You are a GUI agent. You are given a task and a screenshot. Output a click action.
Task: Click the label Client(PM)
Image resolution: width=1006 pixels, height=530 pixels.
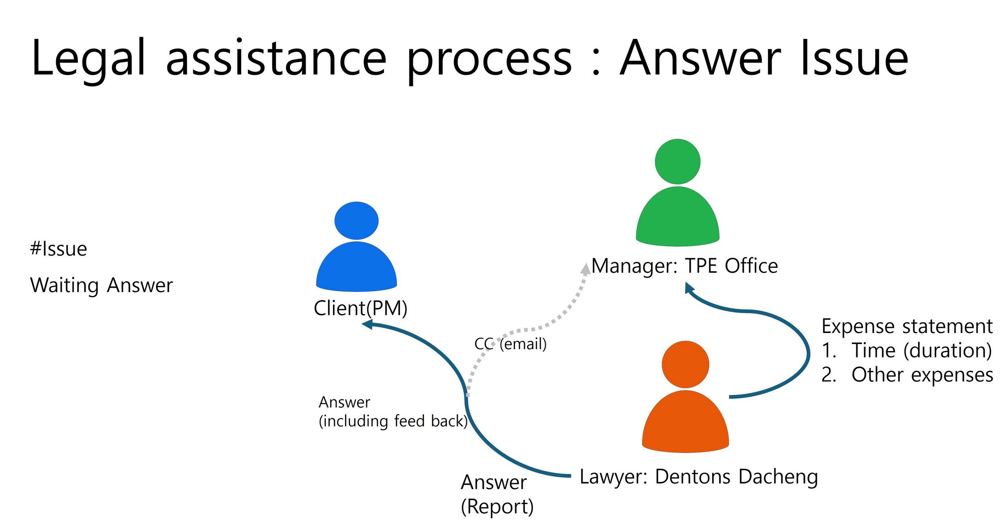[x=360, y=308]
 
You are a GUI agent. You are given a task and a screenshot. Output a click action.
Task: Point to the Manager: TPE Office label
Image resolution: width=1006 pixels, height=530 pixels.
[x=685, y=266]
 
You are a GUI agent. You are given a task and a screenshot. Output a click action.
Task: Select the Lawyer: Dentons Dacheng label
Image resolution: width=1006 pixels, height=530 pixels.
[x=699, y=477]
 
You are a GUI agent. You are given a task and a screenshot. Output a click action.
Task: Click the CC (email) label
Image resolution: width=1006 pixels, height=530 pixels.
[x=510, y=344]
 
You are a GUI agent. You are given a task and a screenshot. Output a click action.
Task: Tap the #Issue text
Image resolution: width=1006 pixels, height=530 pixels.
[x=59, y=249]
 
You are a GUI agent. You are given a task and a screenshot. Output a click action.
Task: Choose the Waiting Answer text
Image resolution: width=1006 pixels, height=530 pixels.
[x=101, y=285]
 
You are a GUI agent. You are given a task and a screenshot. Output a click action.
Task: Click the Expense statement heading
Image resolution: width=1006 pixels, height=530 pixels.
[x=907, y=326]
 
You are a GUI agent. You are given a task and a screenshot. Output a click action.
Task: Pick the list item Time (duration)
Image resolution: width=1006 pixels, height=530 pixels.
[x=922, y=350]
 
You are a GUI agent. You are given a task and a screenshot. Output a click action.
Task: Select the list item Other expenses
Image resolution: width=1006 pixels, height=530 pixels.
[x=922, y=375]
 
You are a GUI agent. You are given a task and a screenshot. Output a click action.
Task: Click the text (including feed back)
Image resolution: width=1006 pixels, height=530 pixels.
[x=393, y=421]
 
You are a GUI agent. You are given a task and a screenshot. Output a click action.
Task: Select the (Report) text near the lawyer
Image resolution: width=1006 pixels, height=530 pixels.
[x=497, y=506]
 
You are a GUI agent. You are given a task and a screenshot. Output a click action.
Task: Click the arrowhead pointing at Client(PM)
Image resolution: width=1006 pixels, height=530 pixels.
[x=367, y=324]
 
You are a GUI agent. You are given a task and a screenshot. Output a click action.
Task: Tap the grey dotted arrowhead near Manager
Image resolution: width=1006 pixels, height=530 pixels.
[x=586, y=269]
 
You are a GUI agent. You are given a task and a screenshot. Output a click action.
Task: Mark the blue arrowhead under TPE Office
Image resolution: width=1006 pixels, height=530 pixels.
[x=689, y=288]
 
